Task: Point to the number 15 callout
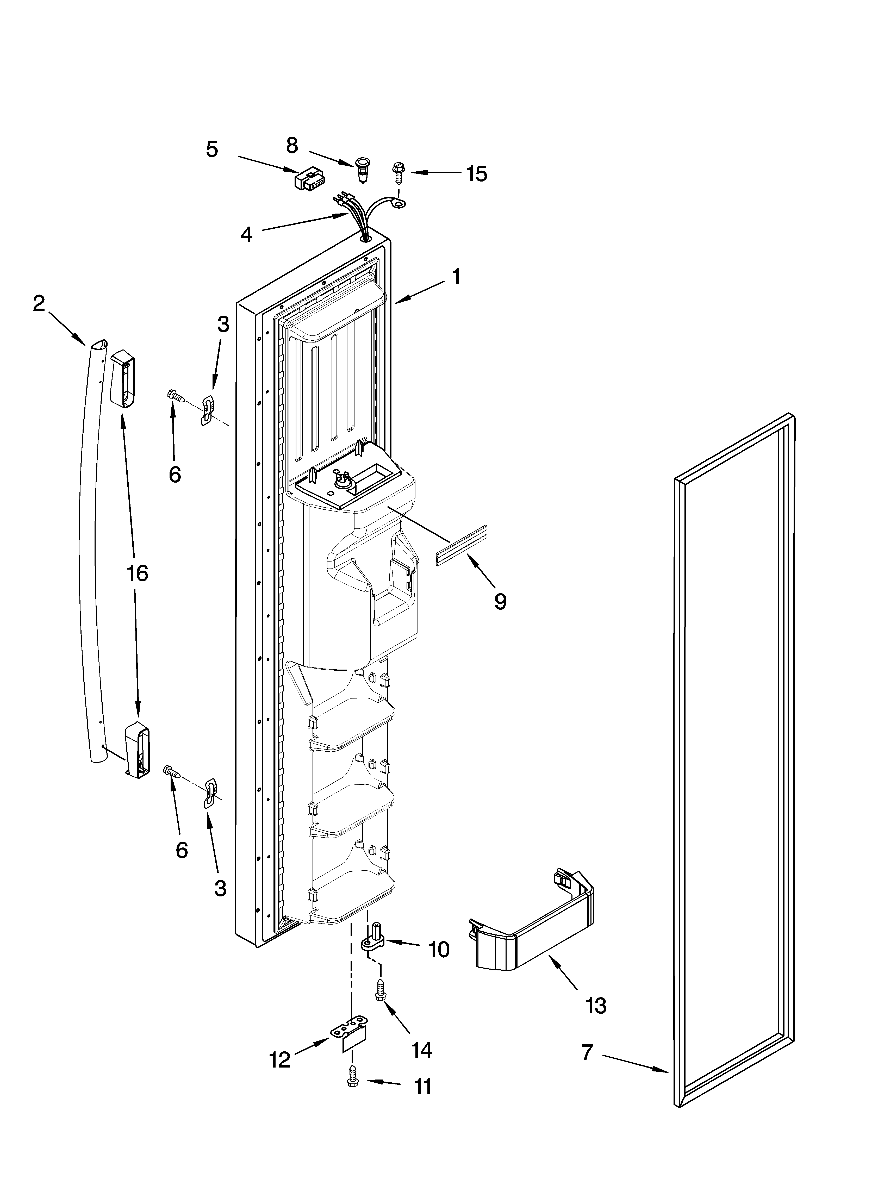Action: (476, 174)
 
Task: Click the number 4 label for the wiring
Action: (246, 234)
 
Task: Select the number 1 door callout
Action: (456, 277)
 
